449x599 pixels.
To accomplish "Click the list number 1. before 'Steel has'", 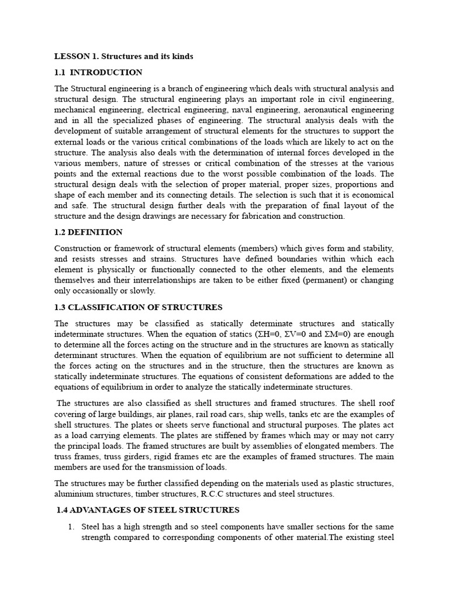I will (x=71, y=526).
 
